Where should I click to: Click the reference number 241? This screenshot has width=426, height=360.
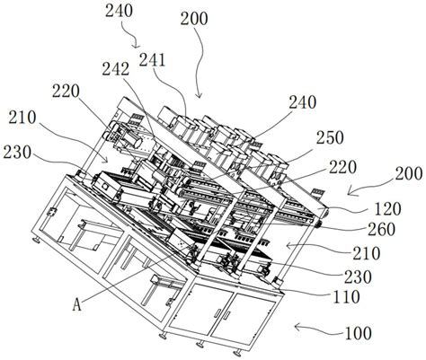click(x=152, y=60)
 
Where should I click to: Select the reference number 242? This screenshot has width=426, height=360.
click(x=116, y=69)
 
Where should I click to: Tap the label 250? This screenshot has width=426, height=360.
click(x=331, y=138)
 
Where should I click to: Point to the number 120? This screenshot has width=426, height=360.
click(x=387, y=209)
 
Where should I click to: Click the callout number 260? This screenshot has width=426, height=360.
click(x=382, y=230)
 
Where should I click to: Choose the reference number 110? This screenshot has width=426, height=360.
click(x=346, y=297)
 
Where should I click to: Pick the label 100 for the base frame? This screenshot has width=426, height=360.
click(x=359, y=333)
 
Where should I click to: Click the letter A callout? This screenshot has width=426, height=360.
click(x=77, y=305)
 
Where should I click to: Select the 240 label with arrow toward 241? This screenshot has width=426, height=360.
click(x=119, y=12)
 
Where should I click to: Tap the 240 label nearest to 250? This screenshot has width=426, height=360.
click(x=303, y=102)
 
